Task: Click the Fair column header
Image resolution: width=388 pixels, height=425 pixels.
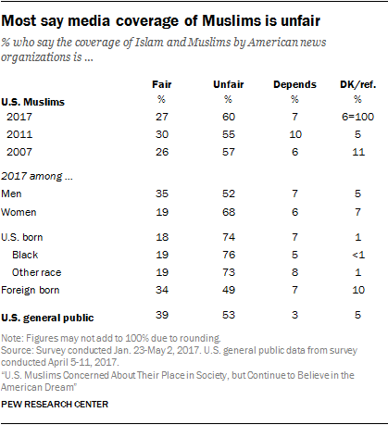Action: pyautogui.click(x=160, y=85)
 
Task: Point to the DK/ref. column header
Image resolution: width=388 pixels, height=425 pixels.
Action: pyautogui.click(x=357, y=85)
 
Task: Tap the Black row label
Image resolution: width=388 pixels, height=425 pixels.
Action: pyautogui.click(x=28, y=253)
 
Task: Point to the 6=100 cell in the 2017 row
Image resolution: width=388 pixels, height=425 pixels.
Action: pyautogui.click(x=359, y=117)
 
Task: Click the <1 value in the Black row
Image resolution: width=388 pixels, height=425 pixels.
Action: pyautogui.click(x=358, y=253)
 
